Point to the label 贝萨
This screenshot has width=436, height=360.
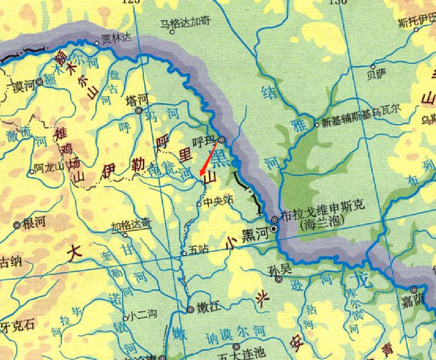tap(377, 73)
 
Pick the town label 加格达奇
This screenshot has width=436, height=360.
tap(131, 223)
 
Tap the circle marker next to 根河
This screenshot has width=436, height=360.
tap(17, 225)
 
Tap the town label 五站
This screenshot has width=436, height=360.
tap(197, 251)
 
